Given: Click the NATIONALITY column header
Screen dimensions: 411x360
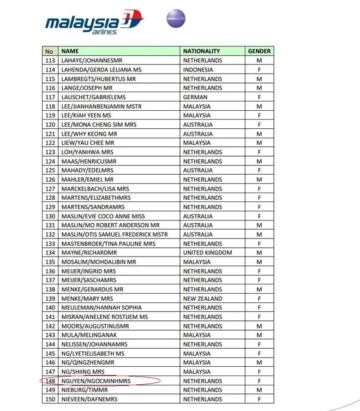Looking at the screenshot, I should click(x=201, y=51).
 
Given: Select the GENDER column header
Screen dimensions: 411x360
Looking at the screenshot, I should click(x=259, y=51).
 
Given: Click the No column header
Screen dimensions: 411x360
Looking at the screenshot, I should click(x=50, y=51).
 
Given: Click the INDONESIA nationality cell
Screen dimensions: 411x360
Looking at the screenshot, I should click(x=198, y=70).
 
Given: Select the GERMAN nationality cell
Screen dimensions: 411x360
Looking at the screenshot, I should click(x=195, y=97).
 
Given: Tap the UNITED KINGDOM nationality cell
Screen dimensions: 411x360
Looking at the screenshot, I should click(x=207, y=253).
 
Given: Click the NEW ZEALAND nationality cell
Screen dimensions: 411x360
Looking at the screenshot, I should click(x=202, y=299).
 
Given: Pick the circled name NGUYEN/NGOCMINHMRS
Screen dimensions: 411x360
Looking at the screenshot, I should click(x=96, y=381).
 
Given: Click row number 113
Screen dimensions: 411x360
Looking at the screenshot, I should click(x=50, y=61).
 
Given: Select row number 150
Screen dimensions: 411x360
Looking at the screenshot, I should click(x=50, y=400).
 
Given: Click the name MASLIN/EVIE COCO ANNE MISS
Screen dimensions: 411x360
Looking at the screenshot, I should click(x=103, y=216).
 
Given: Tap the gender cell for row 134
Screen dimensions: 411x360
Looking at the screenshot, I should click(x=259, y=253).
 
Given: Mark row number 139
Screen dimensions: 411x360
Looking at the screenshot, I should click(x=50, y=299).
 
